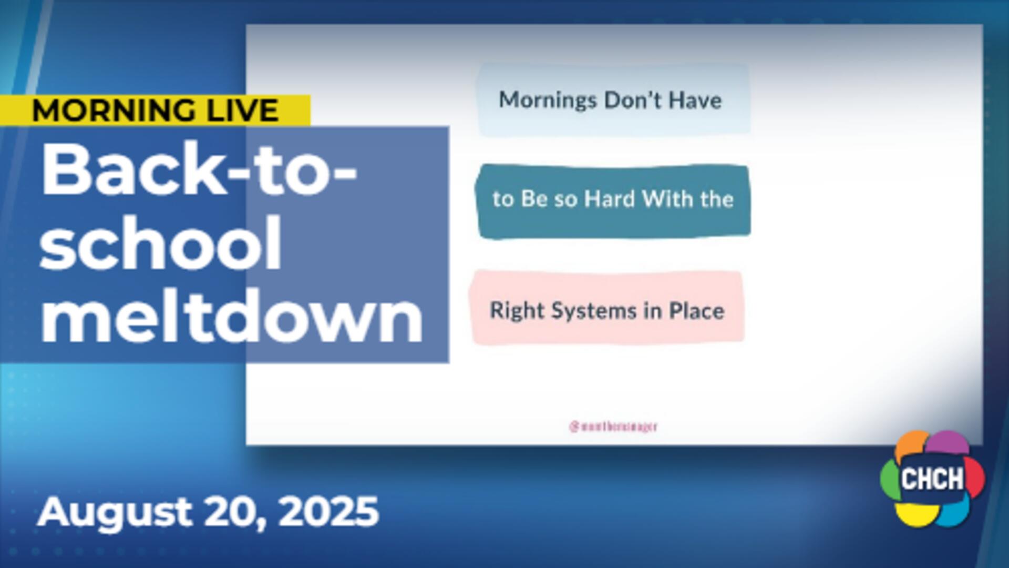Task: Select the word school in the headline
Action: [x=160, y=243]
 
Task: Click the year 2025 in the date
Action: [x=328, y=511]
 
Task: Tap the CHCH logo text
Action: [x=932, y=479]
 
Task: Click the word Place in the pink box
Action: [x=696, y=311]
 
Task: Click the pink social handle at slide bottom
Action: [x=613, y=427]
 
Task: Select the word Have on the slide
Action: [x=695, y=100]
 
